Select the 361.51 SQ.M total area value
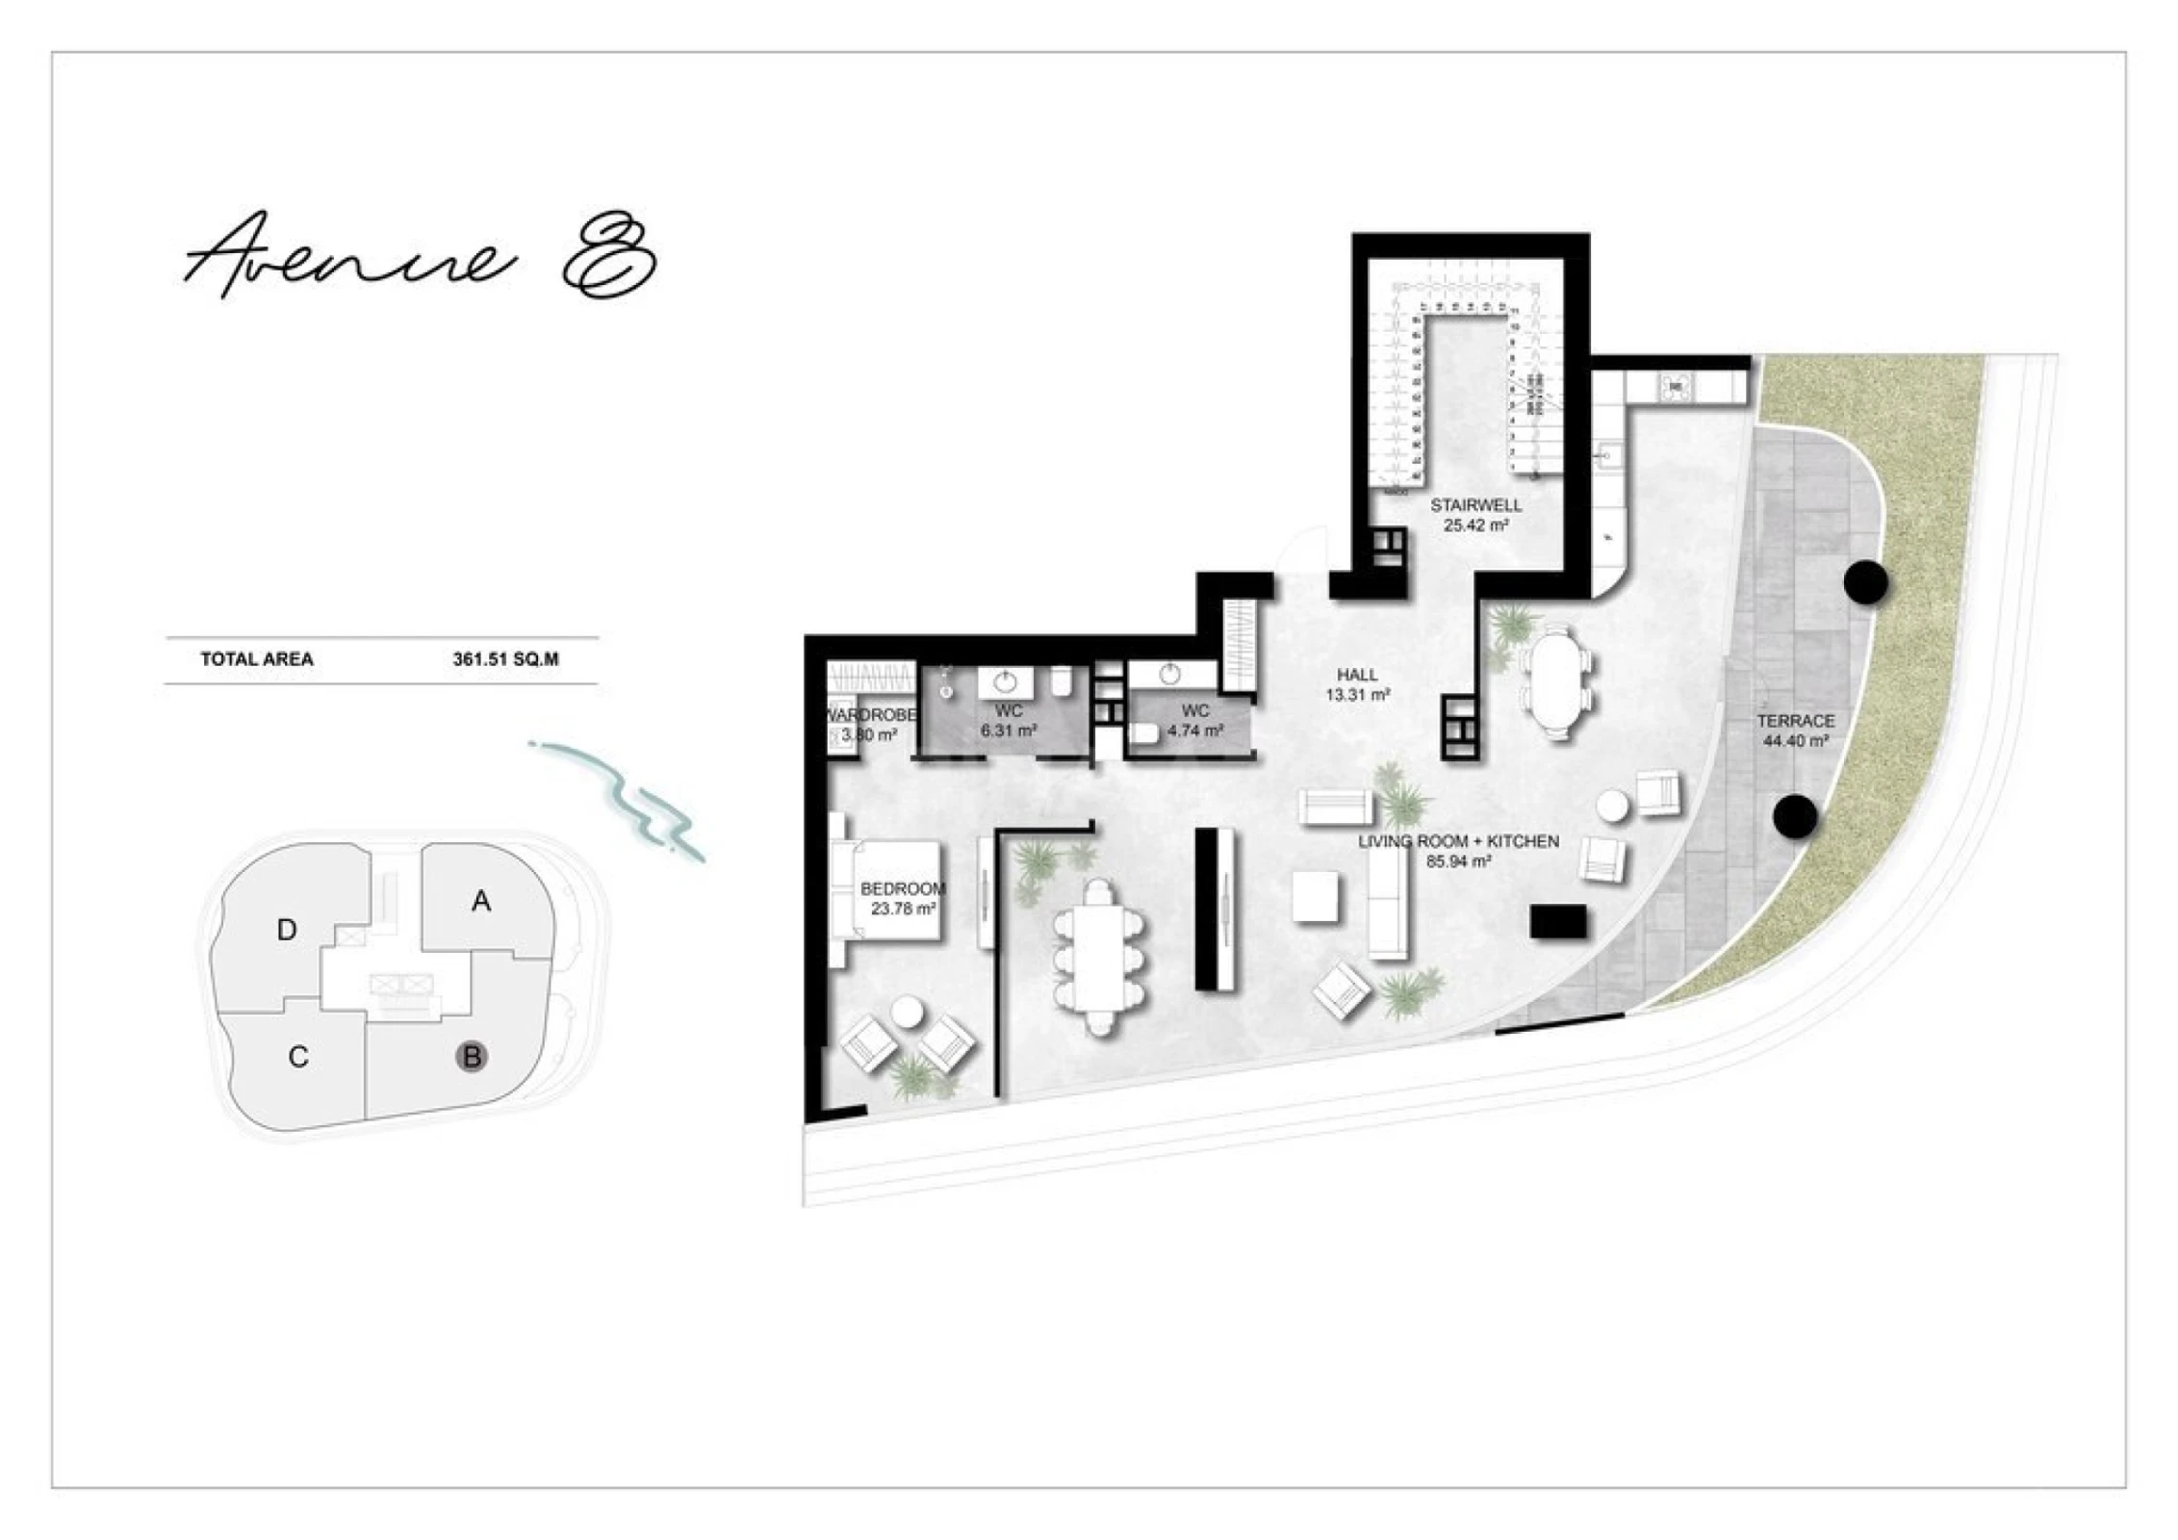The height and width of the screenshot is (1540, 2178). pyautogui.click(x=505, y=659)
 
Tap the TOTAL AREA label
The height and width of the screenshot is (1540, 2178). pyautogui.click(x=256, y=659)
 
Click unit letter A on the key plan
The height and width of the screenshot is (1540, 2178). pyautogui.click(x=481, y=901)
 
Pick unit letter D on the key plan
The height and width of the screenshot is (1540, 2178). pyautogui.click(x=286, y=930)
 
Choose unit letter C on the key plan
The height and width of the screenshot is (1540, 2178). pyautogui.click(x=298, y=1057)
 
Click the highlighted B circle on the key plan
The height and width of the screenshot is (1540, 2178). pyautogui.click(x=472, y=1057)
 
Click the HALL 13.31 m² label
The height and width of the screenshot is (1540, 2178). pyautogui.click(x=1357, y=684)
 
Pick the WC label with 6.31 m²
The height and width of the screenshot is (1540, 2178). pyautogui.click(x=1009, y=721)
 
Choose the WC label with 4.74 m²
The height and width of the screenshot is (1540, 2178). pyautogui.click(x=1195, y=721)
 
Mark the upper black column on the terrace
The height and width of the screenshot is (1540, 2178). pyautogui.click(x=1865, y=581)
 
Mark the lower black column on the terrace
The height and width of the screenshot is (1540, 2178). pyautogui.click(x=1795, y=816)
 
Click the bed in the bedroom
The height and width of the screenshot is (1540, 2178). pyautogui.click(x=890, y=890)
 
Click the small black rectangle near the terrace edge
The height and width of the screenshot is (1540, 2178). pyautogui.click(x=1558, y=921)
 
